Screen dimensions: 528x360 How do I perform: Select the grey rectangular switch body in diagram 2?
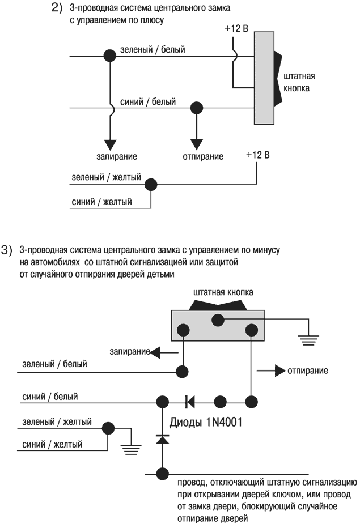click(264, 78)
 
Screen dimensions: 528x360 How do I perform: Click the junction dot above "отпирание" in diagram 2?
click(197, 107)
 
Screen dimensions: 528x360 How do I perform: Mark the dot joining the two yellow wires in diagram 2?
click(151, 185)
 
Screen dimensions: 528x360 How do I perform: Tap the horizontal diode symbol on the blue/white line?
click(190, 402)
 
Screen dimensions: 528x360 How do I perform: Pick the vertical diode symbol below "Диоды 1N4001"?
click(163, 439)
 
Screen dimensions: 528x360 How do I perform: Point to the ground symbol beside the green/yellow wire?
click(132, 451)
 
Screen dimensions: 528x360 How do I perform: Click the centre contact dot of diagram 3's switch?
click(217, 320)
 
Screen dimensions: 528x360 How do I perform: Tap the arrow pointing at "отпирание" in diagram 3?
click(271, 371)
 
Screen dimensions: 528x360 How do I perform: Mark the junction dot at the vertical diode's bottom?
click(163, 472)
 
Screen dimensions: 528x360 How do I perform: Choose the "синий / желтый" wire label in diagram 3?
click(52, 445)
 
